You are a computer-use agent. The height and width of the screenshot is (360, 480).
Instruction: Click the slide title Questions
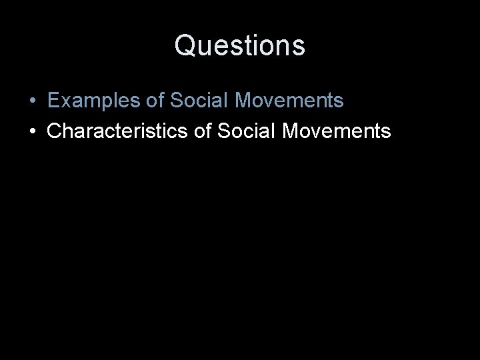point(240,46)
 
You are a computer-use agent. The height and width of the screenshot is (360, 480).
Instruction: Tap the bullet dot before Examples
point(32,102)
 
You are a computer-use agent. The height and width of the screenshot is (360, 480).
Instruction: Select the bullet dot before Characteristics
point(32,131)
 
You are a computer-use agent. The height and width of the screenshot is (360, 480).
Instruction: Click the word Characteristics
point(121,131)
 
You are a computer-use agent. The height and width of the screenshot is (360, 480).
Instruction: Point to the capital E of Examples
point(53,101)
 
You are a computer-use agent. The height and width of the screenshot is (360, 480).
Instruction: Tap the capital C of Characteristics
point(55,131)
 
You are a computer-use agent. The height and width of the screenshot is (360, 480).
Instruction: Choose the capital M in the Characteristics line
point(293,131)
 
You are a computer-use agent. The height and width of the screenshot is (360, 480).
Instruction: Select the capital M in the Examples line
point(245,101)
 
